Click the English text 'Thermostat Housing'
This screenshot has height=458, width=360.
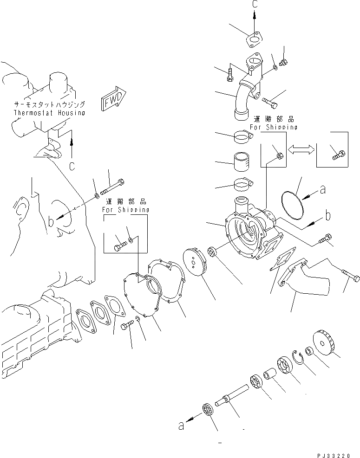49,113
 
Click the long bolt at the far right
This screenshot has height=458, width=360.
350,278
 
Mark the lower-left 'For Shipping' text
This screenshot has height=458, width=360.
126,210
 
